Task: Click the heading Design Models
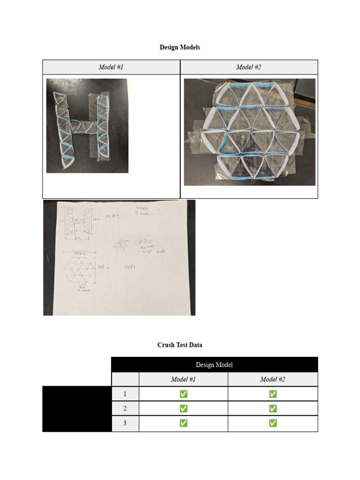(x=180, y=47)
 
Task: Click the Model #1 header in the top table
(x=111, y=67)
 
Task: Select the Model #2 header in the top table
(x=248, y=67)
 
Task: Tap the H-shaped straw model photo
(x=87, y=126)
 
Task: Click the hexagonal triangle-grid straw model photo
(x=249, y=132)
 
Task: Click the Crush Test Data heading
(x=180, y=345)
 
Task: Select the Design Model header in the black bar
(x=214, y=365)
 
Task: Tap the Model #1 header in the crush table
(x=183, y=379)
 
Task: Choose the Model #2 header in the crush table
(x=272, y=379)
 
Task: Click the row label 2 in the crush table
(x=125, y=409)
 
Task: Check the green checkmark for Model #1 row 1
(x=183, y=394)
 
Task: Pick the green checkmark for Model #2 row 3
(x=272, y=423)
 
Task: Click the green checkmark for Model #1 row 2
(x=183, y=409)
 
